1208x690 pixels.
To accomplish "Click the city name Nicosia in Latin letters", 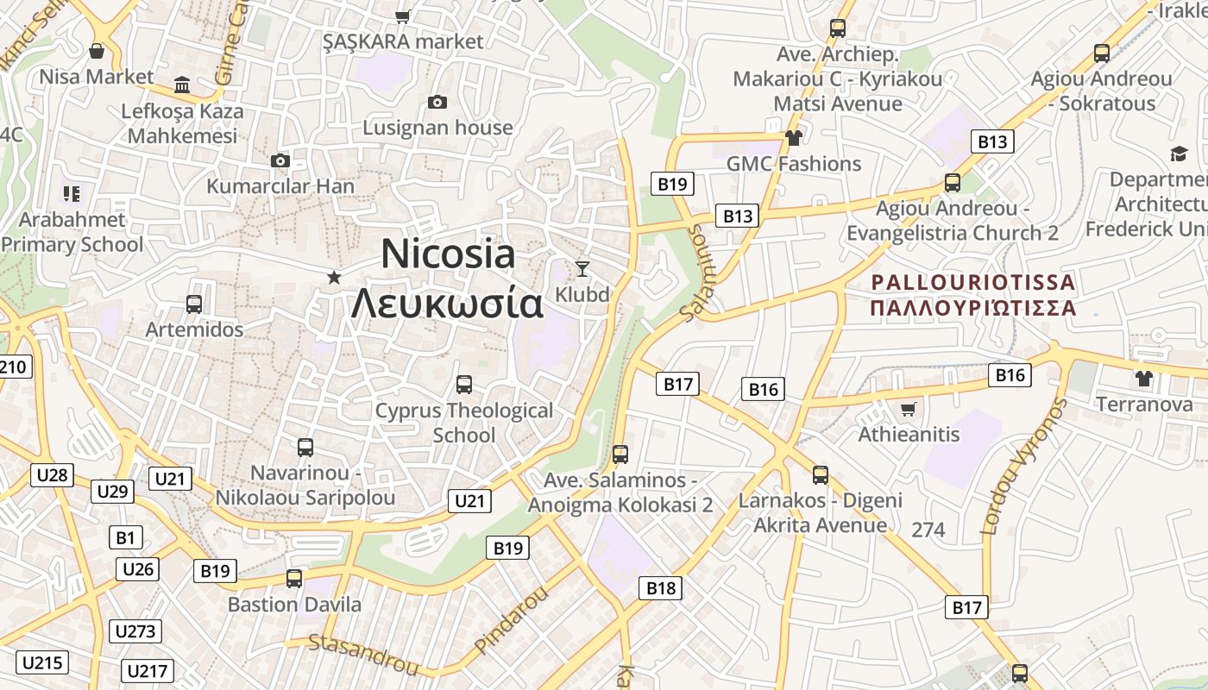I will click(448, 254).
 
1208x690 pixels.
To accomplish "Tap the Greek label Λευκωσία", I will click(448, 303).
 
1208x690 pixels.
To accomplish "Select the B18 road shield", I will click(661, 588).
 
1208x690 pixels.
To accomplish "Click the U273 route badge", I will click(135, 631).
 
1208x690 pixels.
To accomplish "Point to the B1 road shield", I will click(126, 538).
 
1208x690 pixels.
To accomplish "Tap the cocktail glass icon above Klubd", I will click(582, 268).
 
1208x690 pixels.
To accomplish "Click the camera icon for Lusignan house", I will click(437, 103).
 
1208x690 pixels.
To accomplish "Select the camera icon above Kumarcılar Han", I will click(280, 160).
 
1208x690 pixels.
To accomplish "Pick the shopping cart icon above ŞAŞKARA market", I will click(402, 16).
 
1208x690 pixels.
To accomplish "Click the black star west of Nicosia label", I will click(334, 277).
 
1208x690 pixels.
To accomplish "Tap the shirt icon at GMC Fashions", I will click(793, 137).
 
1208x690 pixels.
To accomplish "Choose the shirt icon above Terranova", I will click(1144, 378).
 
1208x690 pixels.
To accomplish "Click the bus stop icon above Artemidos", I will click(194, 304).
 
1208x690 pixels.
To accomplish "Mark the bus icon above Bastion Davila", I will click(294, 579).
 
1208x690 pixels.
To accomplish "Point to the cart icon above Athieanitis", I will click(908, 409).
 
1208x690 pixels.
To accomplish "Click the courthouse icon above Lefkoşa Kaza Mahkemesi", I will click(182, 85).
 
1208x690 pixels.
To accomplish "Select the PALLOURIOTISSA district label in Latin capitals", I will click(973, 282).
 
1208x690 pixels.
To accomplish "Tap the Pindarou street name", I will click(512, 621).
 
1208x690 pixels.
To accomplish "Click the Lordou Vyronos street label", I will click(1024, 466).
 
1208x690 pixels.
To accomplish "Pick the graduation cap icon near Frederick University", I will click(1179, 154).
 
